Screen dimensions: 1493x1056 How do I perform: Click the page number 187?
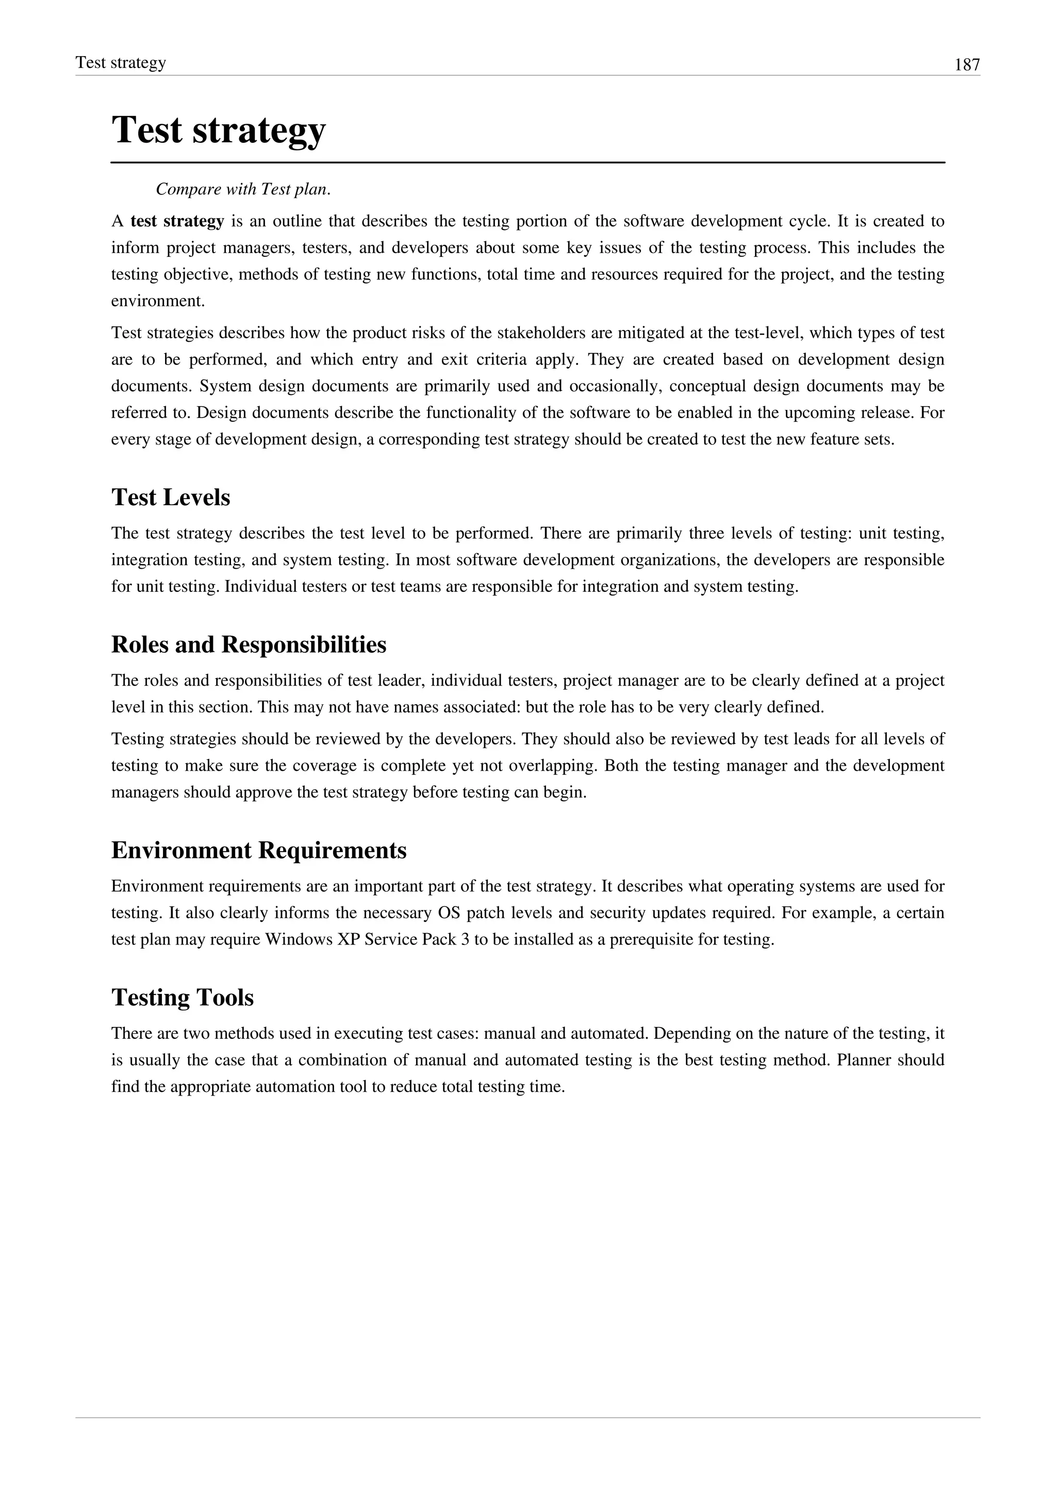(967, 65)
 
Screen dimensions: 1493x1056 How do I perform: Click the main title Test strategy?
(219, 129)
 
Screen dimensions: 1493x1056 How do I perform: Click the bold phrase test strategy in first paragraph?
(177, 222)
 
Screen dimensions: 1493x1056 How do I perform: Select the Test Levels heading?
(170, 497)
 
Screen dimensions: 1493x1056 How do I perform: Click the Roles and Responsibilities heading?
(249, 644)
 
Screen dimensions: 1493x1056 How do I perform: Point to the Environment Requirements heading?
(259, 850)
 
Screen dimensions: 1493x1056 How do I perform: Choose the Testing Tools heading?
(182, 998)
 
